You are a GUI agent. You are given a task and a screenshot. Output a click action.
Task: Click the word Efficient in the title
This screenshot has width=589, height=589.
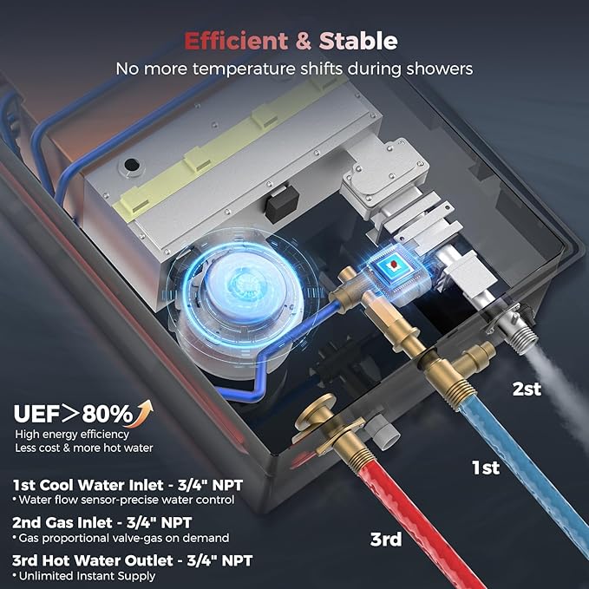(x=236, y=41)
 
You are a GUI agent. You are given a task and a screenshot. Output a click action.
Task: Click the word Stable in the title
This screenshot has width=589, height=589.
(x=358, y=41)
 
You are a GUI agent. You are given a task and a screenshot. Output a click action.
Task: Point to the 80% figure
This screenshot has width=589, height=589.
(x=108, y=414)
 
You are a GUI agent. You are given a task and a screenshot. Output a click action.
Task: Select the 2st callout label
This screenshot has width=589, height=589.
(x=527, y=389)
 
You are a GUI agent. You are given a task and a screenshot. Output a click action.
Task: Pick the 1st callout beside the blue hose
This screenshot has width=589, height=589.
(x=486, y=468)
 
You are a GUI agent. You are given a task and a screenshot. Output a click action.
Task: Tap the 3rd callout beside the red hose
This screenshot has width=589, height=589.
(x=386, y=539)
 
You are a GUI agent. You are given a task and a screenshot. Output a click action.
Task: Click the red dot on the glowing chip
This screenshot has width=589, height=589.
(x=394, y=265)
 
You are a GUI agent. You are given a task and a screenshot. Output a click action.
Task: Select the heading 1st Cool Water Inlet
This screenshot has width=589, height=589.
(x=88, y=485)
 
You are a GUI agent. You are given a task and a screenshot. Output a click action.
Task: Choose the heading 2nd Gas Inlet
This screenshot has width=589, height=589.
(x=62, y=522)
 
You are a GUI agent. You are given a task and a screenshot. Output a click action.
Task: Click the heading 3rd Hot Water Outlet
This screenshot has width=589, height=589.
(x=93, y=560)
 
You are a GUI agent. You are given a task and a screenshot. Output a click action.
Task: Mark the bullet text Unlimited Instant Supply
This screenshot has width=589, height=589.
(x=87, y=576)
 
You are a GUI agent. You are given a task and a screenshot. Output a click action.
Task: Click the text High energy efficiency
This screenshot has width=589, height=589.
(x=72, y=435)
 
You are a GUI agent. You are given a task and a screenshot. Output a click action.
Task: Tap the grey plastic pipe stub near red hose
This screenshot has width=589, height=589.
(x=383, y=433)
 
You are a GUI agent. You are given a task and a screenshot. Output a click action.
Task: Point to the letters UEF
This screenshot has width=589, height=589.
(x=36, y=414)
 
